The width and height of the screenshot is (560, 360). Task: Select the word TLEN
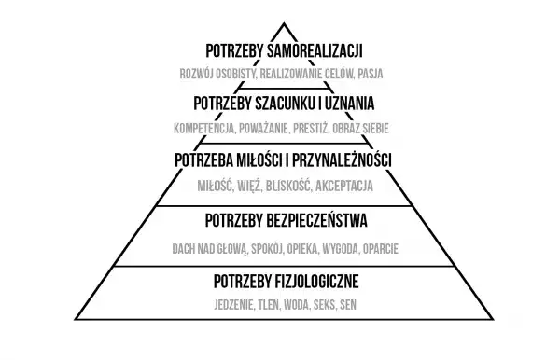pyautogui.click(x=269, y=305)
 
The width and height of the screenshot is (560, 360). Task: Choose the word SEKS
pyautogui.click(x=324, y=305)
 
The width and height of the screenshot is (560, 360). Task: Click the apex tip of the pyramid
pyautogui.click(x=279, y=23)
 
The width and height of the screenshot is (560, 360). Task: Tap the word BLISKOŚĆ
pyautogui.click(x=287, y=186)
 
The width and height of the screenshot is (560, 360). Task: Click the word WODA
pyautogui.click(x=297, y=305)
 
